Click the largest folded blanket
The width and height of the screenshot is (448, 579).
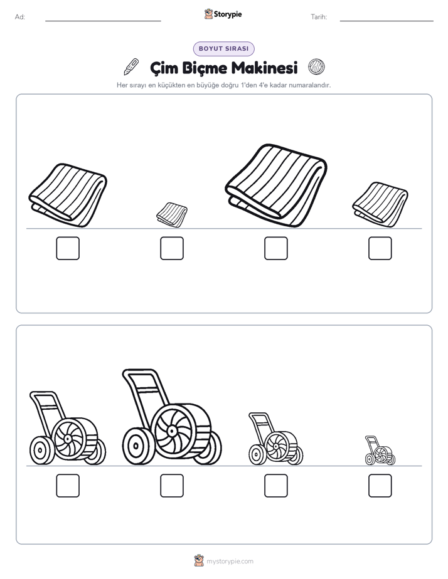point(275,185)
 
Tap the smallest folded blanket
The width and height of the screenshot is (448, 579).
point(172,214)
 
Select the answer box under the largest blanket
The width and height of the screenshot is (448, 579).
point(275,248)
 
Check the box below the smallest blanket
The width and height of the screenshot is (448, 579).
point(172,248)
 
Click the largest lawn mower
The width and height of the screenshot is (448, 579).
point(172,417)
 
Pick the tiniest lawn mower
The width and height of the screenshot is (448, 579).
point(380,451)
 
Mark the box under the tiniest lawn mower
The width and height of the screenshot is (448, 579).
point(380,486)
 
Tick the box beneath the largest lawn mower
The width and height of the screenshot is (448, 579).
point(172,486)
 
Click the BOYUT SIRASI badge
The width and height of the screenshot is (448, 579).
point(223,49)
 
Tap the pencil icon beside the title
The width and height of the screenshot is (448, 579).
point(131,67)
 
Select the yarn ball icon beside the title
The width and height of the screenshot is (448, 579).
point(316,67)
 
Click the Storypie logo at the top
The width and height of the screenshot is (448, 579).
point(223,14)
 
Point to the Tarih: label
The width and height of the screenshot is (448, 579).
point(319,17)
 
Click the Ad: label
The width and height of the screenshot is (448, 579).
point(20,17)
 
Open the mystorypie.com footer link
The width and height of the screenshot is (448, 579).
point(230,561)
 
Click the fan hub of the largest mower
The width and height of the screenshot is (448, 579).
point(171,431)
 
